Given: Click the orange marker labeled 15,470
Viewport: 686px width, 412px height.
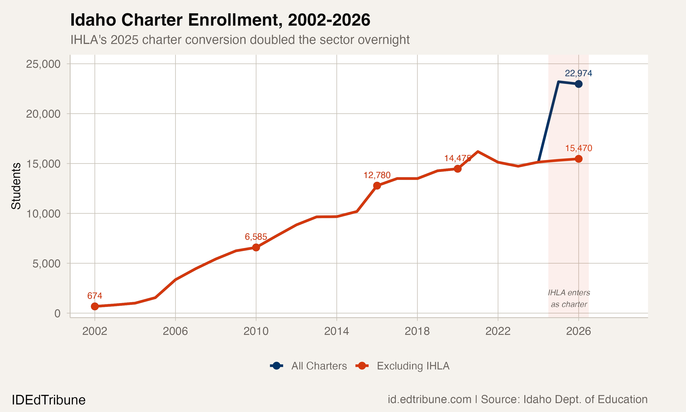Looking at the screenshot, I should pyautogui.click(x=579, y=159).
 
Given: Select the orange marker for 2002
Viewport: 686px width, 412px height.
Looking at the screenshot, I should pyautogui.click(x=95, y=306).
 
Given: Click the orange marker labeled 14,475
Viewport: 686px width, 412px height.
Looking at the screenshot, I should pyautogui.click(x=458, y=169).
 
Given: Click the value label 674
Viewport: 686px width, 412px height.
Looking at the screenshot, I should pyautogui.click(x=95, y=296).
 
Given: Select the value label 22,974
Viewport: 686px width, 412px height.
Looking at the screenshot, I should pyautogui.click(x=579, y=73).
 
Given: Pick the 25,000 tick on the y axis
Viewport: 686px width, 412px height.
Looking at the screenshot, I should pyautogui.click(x=43, y=64).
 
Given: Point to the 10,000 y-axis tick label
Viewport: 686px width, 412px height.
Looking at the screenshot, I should pyautogui.click(x=43, y=214).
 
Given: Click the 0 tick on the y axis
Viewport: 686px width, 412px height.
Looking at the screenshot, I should pyautogui.click(x=57, y=313).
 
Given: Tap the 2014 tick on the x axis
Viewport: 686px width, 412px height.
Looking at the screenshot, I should pyautogui.click(x=336, y=331).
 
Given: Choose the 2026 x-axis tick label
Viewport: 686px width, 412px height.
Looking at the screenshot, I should pyautogui.click(x=579, y=331).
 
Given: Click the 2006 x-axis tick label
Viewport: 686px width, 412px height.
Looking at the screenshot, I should pyautogui.click(x=175, y=331).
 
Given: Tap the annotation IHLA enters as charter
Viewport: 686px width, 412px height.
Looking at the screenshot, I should pyautogui.click(x=569, y=298).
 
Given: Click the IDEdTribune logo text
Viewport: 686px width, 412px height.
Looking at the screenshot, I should pyautogui.click(x=48, y=400).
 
